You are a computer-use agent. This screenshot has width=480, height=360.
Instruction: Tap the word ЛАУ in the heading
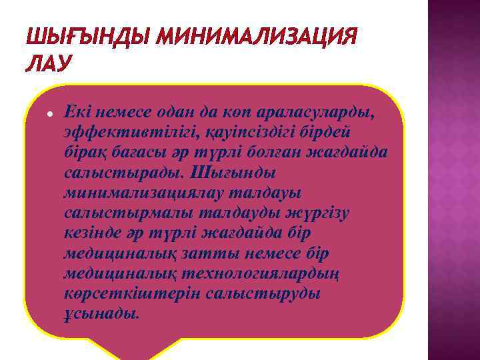(47, 63)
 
